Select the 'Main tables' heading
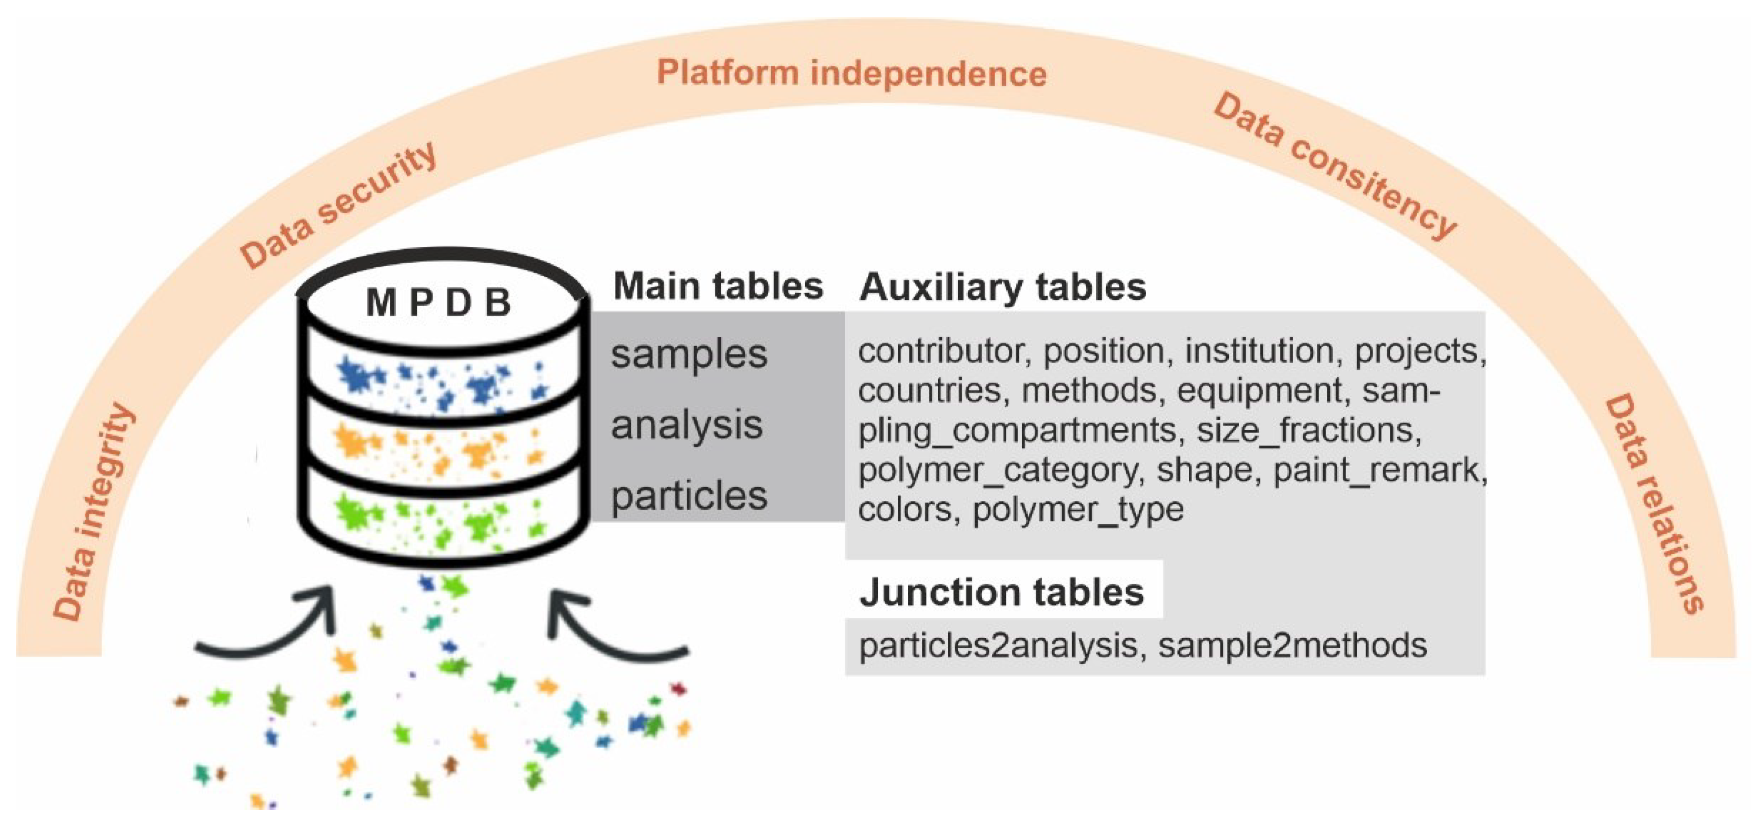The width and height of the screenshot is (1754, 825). [x=718, y=286]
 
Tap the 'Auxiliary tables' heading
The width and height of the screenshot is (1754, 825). [x=1003, y=287]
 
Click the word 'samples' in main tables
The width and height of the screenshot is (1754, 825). [x=688, y=354]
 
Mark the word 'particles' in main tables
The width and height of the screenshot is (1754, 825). [x=688, y=496]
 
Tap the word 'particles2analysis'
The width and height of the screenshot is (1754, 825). [x=998, y=645]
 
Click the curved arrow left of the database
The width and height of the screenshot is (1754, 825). [x=273, y=626]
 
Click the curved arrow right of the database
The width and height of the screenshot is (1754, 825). [x=613, y=626]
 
